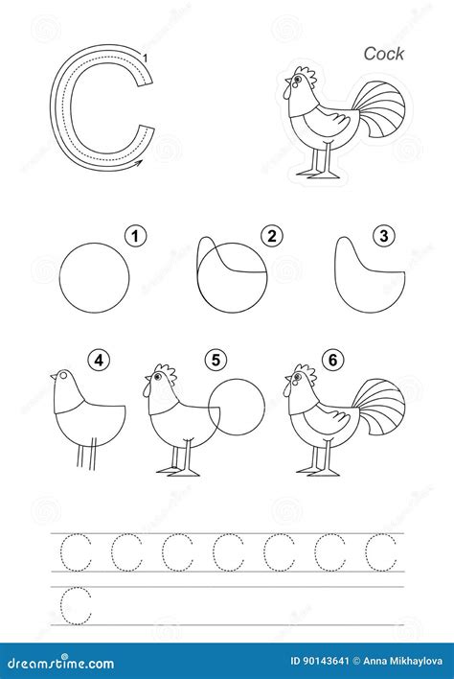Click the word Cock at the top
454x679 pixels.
[383, 54]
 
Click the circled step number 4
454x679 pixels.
[99, 362]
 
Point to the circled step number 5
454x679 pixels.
[217, 362]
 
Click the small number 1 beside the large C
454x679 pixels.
[145, 61]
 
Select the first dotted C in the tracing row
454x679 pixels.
[76, 552]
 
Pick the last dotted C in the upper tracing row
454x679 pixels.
[380, 552]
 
